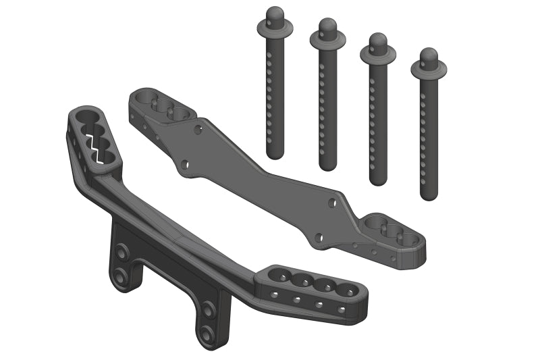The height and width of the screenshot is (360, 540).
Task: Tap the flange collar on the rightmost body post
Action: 429,68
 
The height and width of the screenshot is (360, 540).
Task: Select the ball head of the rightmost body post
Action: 429,54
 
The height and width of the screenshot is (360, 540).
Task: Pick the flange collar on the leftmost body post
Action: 274,27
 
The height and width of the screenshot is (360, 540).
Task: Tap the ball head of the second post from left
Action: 328,26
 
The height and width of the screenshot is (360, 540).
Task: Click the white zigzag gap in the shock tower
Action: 97,145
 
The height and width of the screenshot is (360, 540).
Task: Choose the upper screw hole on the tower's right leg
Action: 209,310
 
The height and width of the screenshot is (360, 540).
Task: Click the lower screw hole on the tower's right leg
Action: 205,332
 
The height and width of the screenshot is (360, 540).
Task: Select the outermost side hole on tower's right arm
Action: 342,309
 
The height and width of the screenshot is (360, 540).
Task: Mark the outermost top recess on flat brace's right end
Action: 407,238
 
